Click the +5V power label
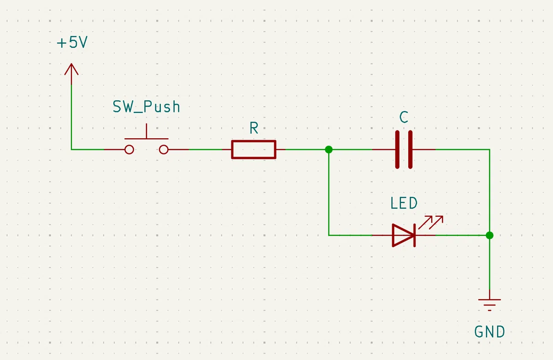click(x=72, y=42)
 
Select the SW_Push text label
click(x=147, y=106)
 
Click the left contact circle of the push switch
click(x=129, y=150)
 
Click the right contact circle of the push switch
click(x=164, y=150)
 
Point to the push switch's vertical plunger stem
click(x=147, y=131)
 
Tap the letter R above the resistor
click(x=254, y=128)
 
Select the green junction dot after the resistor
click(x=329, y=149)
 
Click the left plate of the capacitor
click(x=397, y=150)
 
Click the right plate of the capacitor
click(x=410, y=150)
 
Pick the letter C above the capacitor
click(x=404, y=117)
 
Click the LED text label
click(x=404, y=203)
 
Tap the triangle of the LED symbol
click(x=403, y=235)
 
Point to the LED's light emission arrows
click(x=431, y=222)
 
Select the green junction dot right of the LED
click(x=489, y=235)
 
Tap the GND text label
click(x=489, y=331)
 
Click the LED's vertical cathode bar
click(x=414, y=235)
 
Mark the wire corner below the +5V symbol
click(x=71, y=149)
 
